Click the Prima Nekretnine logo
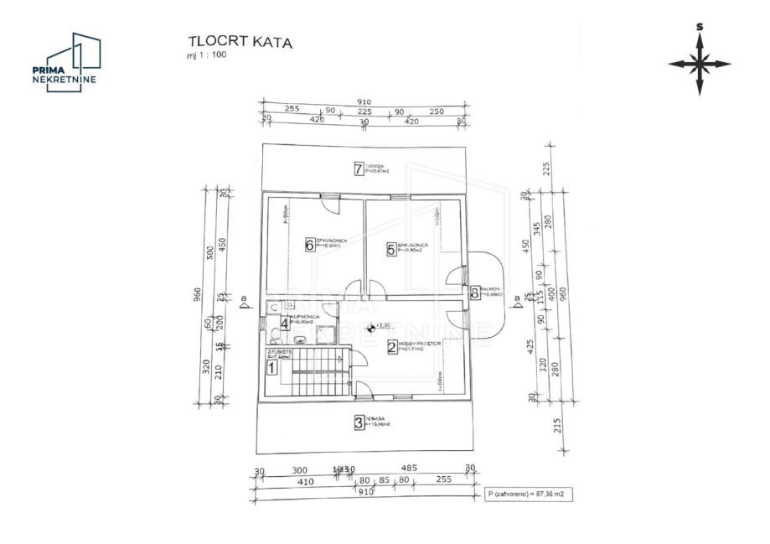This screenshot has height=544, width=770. [x=65, y=63]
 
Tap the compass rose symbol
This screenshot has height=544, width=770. [x=700, y=63]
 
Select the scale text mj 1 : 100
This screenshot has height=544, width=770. [x=205, y=55]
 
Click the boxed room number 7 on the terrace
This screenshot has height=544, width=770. [x=359, y=169]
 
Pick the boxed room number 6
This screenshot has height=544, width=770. [x=309, y=246]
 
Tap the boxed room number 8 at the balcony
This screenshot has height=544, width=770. [x=475, y=293]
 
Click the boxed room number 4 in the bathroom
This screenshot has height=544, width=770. [x=285, y=322]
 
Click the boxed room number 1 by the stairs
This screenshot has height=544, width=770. [x=271, y=366]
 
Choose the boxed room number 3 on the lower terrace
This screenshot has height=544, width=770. [x=359, y=422]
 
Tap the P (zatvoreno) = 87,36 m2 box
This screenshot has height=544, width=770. [x=528, y=495]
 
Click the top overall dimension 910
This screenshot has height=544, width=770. [x=363, y=101]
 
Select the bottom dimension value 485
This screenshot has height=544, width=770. [x=409, y=469]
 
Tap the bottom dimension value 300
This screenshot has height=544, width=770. [x=300, y=470]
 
